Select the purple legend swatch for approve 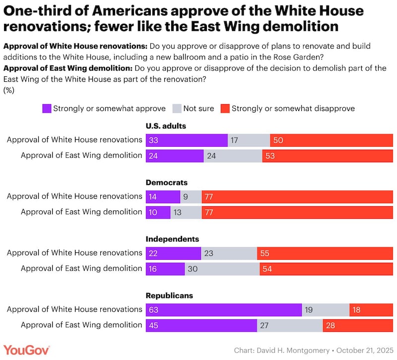coord(47,108)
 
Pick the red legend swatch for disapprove coord(225,108)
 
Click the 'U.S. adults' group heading coord(166,126)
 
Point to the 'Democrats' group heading coord(166,182)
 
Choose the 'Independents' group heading coord(172,239)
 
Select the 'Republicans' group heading coord(169,296)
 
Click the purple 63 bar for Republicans coord(223,309)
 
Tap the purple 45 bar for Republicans coord(201,325)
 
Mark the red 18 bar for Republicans coord(371,309)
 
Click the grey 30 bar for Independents coord(222,269)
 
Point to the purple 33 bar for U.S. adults coord(186,140)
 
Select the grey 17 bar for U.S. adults coord(249,140)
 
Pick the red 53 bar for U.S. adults coord(328,156)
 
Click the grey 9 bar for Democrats coord(191,197)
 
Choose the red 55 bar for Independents coord(325,253)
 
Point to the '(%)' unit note coord(9,90)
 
